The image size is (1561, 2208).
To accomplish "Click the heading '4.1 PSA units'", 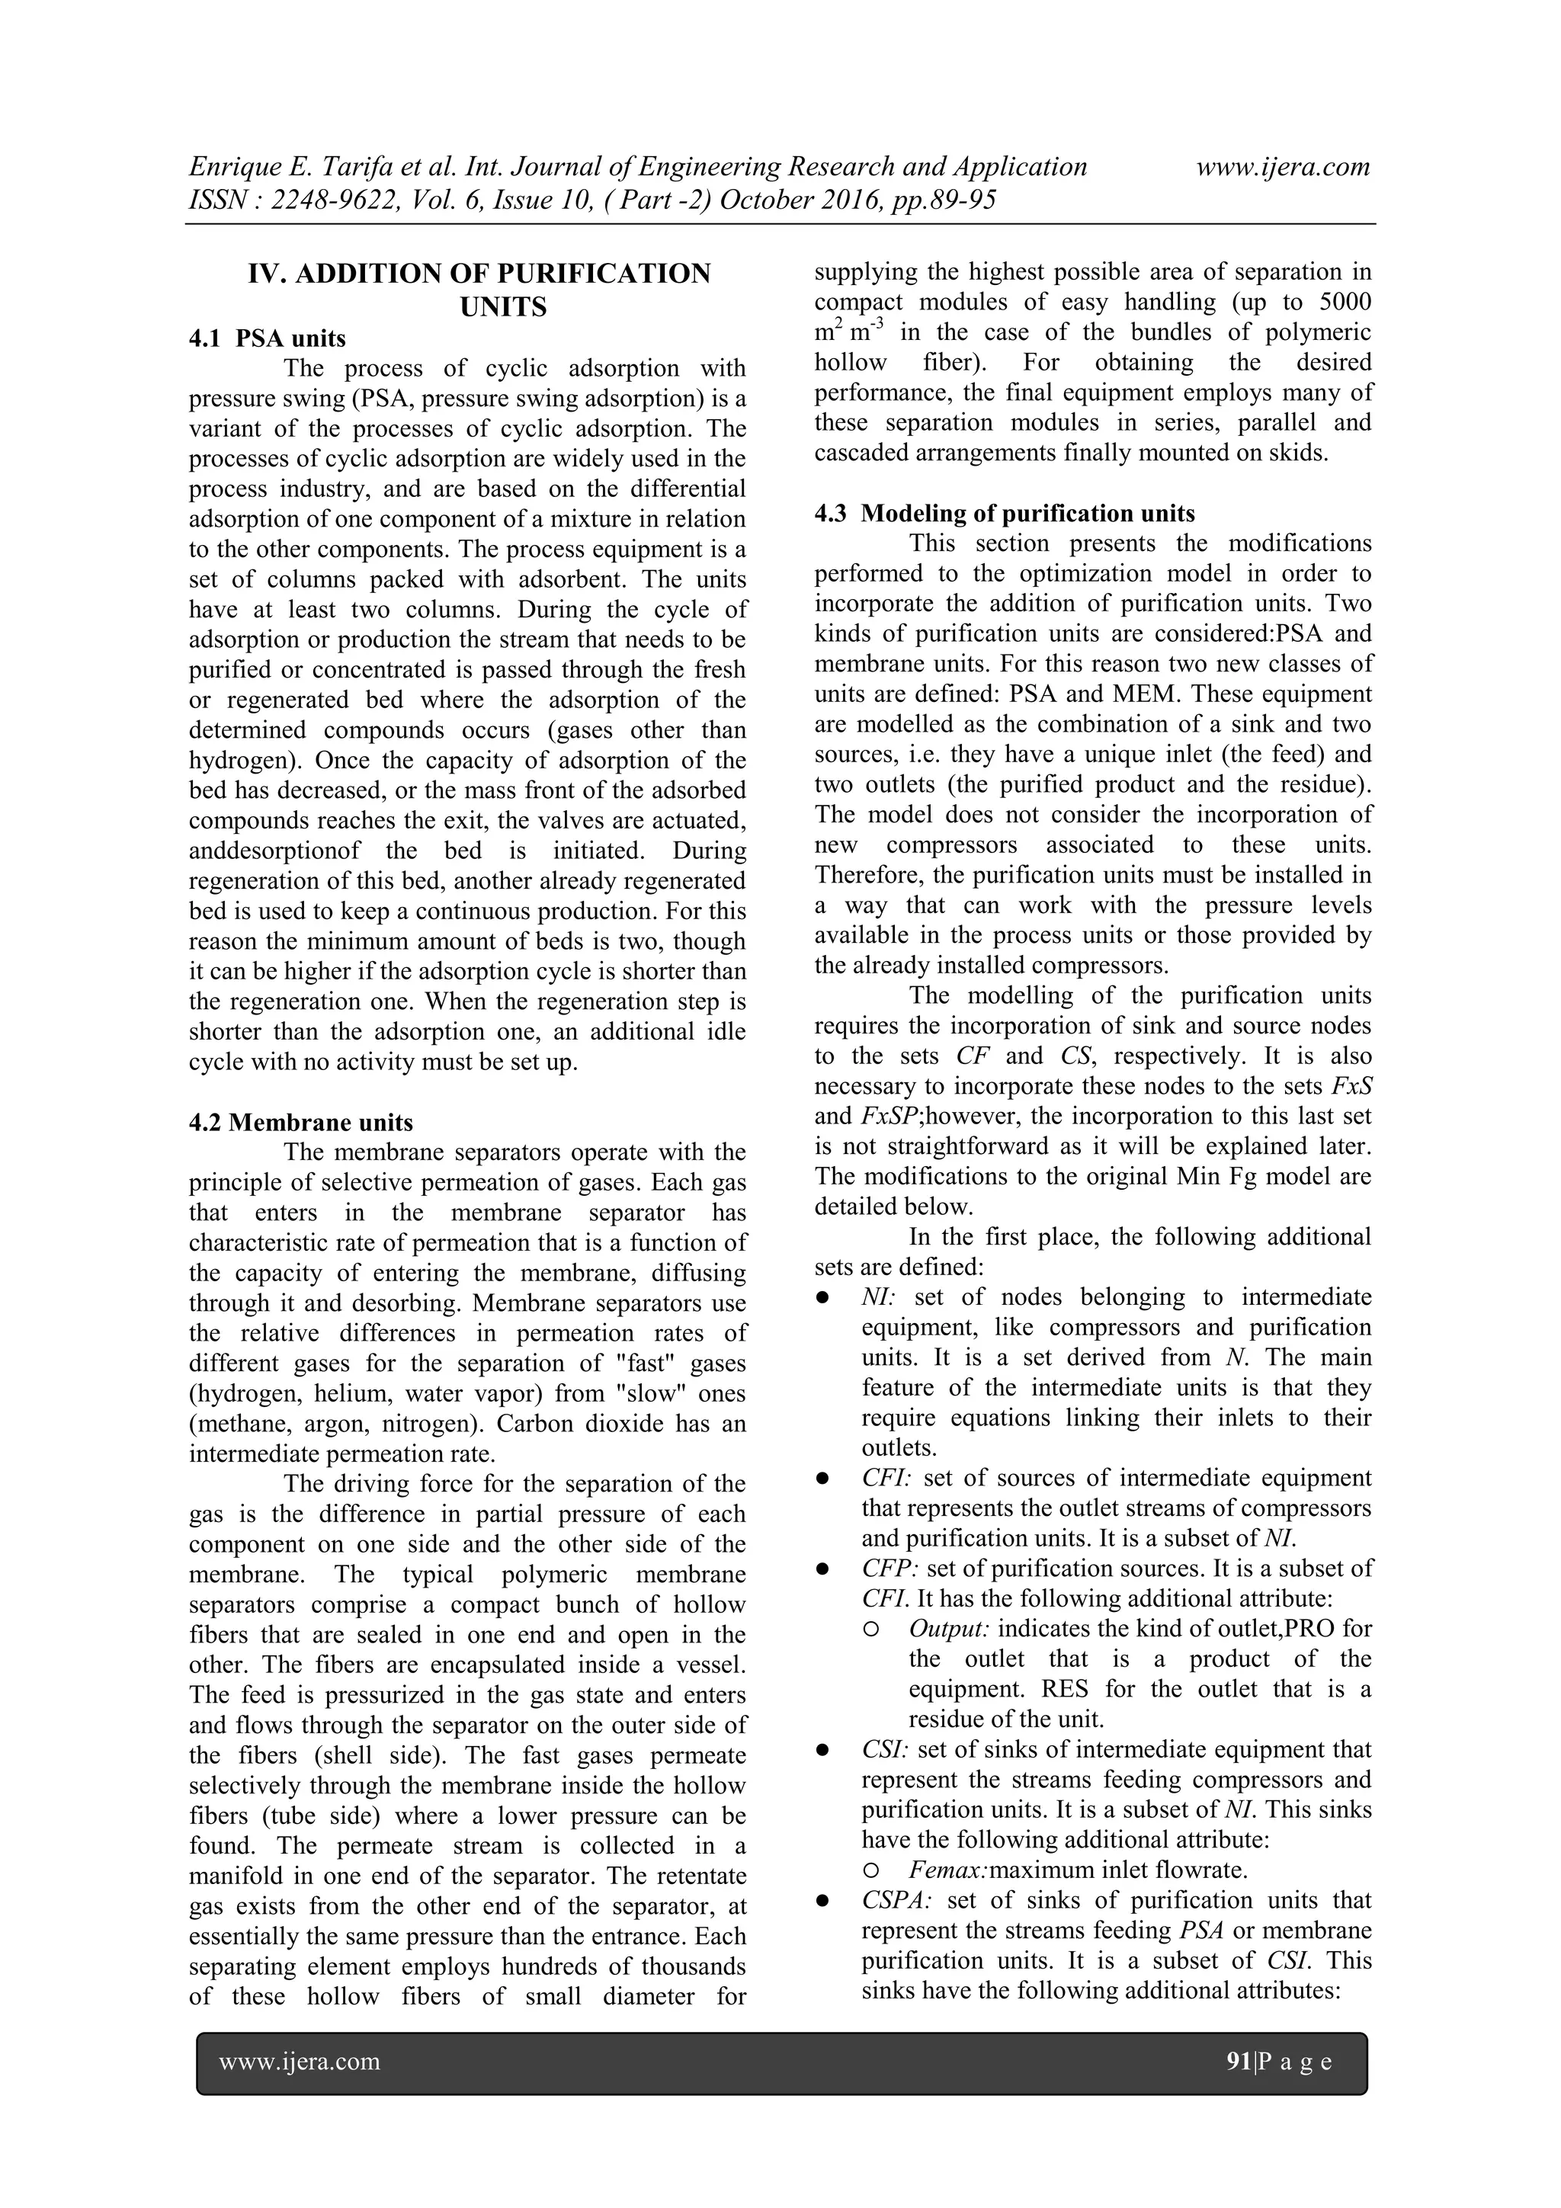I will (x=268, y=338).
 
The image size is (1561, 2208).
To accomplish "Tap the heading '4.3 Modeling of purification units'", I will (x=1004, y=514).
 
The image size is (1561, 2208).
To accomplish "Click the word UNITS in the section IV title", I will (x=503, y=307).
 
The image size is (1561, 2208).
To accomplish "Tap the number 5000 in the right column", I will (x=1345, y=302).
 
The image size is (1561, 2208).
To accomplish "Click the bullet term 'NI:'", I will (x=878, y=1297).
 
